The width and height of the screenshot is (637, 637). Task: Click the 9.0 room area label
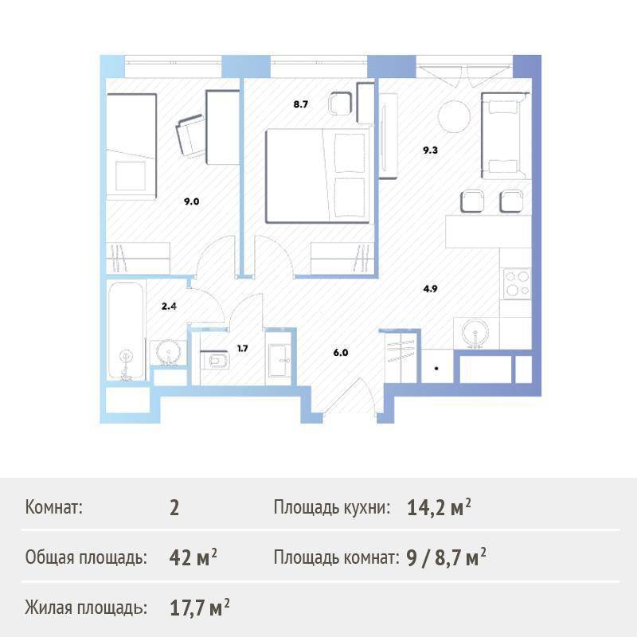(x=191, y=201)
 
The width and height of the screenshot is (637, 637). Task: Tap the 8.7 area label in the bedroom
(x=301, y=104)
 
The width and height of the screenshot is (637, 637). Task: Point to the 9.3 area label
(x=430, y=150)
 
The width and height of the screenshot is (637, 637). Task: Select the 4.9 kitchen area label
(x=430, y=289)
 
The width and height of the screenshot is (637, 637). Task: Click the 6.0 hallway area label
(x=341, y=353)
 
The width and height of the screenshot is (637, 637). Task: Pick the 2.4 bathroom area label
(x=169, y=307)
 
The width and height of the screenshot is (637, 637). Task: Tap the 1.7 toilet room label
(x=243, y=349)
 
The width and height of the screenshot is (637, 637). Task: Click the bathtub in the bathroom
(x=126, y=330)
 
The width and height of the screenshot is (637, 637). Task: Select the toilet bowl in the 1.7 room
(x=215, y=359)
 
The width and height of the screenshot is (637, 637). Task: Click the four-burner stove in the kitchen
(x=517, y=283)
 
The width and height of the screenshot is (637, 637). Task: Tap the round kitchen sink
(x=475, y=333)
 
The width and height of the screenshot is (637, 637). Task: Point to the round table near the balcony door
(x=454, y=116)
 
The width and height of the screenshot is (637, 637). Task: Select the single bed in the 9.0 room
(x=131, y=147)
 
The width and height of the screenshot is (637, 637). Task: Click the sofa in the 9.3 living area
(x=505, y=135)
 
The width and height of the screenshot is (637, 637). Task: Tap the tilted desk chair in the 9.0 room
(x=191, y=135)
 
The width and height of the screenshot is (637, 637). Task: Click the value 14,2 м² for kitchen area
(x=439, y=507)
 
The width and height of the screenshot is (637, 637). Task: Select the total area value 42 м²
(x=193, y=557)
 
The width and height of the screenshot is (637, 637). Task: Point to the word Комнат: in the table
(x=53, y=507)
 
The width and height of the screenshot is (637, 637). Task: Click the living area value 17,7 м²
(x=200, y=608)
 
